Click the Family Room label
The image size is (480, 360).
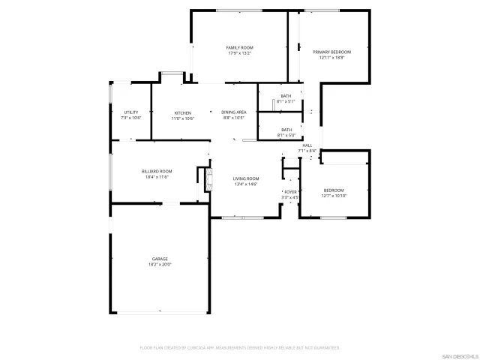click(240, 47)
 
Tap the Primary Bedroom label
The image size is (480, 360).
click(331, 52)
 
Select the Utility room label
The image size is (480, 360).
click(130, 112)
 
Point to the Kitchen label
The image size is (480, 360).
click(183, 112)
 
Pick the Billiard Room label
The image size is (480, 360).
click(157, 171)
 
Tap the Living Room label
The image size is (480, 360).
click(246, 178)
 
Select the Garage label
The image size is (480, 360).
click(160, 259)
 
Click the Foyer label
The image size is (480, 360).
click(289, 192)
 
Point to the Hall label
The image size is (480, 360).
click(307, 145)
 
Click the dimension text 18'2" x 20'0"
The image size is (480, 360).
click(160, 265)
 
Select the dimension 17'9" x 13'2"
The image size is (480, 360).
click(240, 53)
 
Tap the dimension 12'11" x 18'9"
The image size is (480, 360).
click(331, 58)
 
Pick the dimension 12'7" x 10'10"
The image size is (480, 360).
click(334, 196)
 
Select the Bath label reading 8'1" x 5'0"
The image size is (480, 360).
click(286, 132)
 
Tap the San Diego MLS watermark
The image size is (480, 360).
click(458, 355)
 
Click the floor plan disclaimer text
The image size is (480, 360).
click(240, 347)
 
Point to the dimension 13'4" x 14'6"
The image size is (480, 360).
click(246, 184)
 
